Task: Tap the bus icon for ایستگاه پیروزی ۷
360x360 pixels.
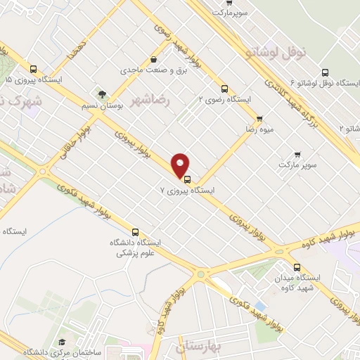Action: point(186,179)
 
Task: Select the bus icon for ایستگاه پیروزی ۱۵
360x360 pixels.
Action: point(34,69)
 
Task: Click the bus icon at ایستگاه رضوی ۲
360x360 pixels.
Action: point(224,89)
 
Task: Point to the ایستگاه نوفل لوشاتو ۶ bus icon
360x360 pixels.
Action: point(324,72)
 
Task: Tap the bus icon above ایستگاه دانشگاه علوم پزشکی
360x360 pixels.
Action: point(135,231)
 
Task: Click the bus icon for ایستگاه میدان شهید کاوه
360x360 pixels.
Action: point(297,267)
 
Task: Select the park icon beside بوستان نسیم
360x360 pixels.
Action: point(103,93)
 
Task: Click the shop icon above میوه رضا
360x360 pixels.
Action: point(259,118)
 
